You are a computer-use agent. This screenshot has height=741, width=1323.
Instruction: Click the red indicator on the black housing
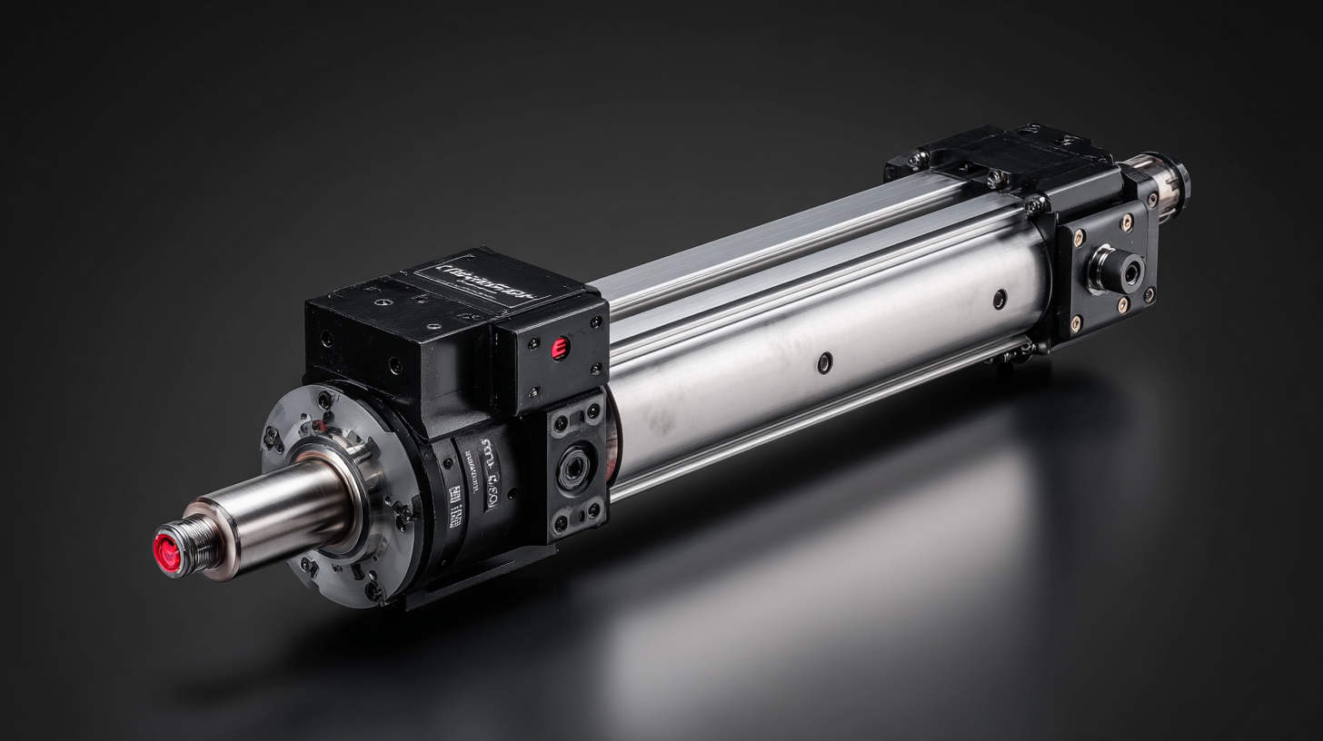click(560, 348)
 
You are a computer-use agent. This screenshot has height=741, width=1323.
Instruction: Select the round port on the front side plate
click(574, 469)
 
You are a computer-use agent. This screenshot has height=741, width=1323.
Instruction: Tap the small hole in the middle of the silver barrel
click(823, 362)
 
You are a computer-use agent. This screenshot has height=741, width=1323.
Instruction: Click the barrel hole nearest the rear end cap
click(1000, 299)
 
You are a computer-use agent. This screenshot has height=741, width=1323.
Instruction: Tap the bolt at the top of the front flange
click(323, 400)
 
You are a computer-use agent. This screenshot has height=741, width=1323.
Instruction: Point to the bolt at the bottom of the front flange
click(372, 591)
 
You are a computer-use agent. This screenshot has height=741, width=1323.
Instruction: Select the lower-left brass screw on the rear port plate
click(1078, 322)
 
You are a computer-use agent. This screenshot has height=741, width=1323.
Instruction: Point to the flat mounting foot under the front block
click(472, 581)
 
